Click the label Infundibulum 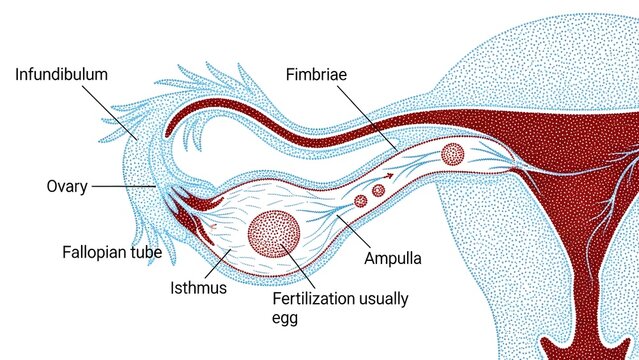click(x=61, y=74)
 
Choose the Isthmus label click(x=197, y=288)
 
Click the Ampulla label click(x=391, y=257)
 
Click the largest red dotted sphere click(x=274, y=236)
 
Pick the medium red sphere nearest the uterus click(x=452, y=154)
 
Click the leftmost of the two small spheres click(x=362, y=200)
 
